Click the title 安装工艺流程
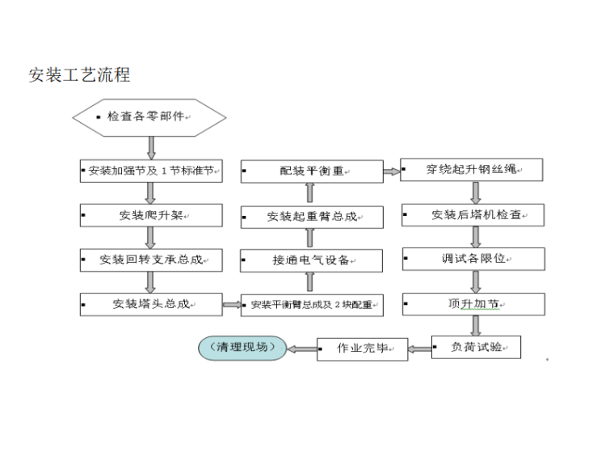pos(79,76)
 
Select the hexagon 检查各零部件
pos(149,117)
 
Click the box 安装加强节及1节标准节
pos(151,171)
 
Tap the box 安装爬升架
pos(151,215)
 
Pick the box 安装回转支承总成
pos(151,260)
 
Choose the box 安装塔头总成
pos(151,304)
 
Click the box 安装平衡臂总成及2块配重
pos(312,305)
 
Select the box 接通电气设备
pos(312,260)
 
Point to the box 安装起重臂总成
pos(312,217)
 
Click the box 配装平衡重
pos(312,171)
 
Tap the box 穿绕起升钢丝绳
pos(472,170)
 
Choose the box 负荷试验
pos(476,347)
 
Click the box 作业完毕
pos(361,349)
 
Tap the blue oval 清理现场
pos(243,348)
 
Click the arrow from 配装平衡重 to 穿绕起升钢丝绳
pos(392,171)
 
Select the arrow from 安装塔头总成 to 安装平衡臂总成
pos(231,305)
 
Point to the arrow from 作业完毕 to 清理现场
pos(301,349)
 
